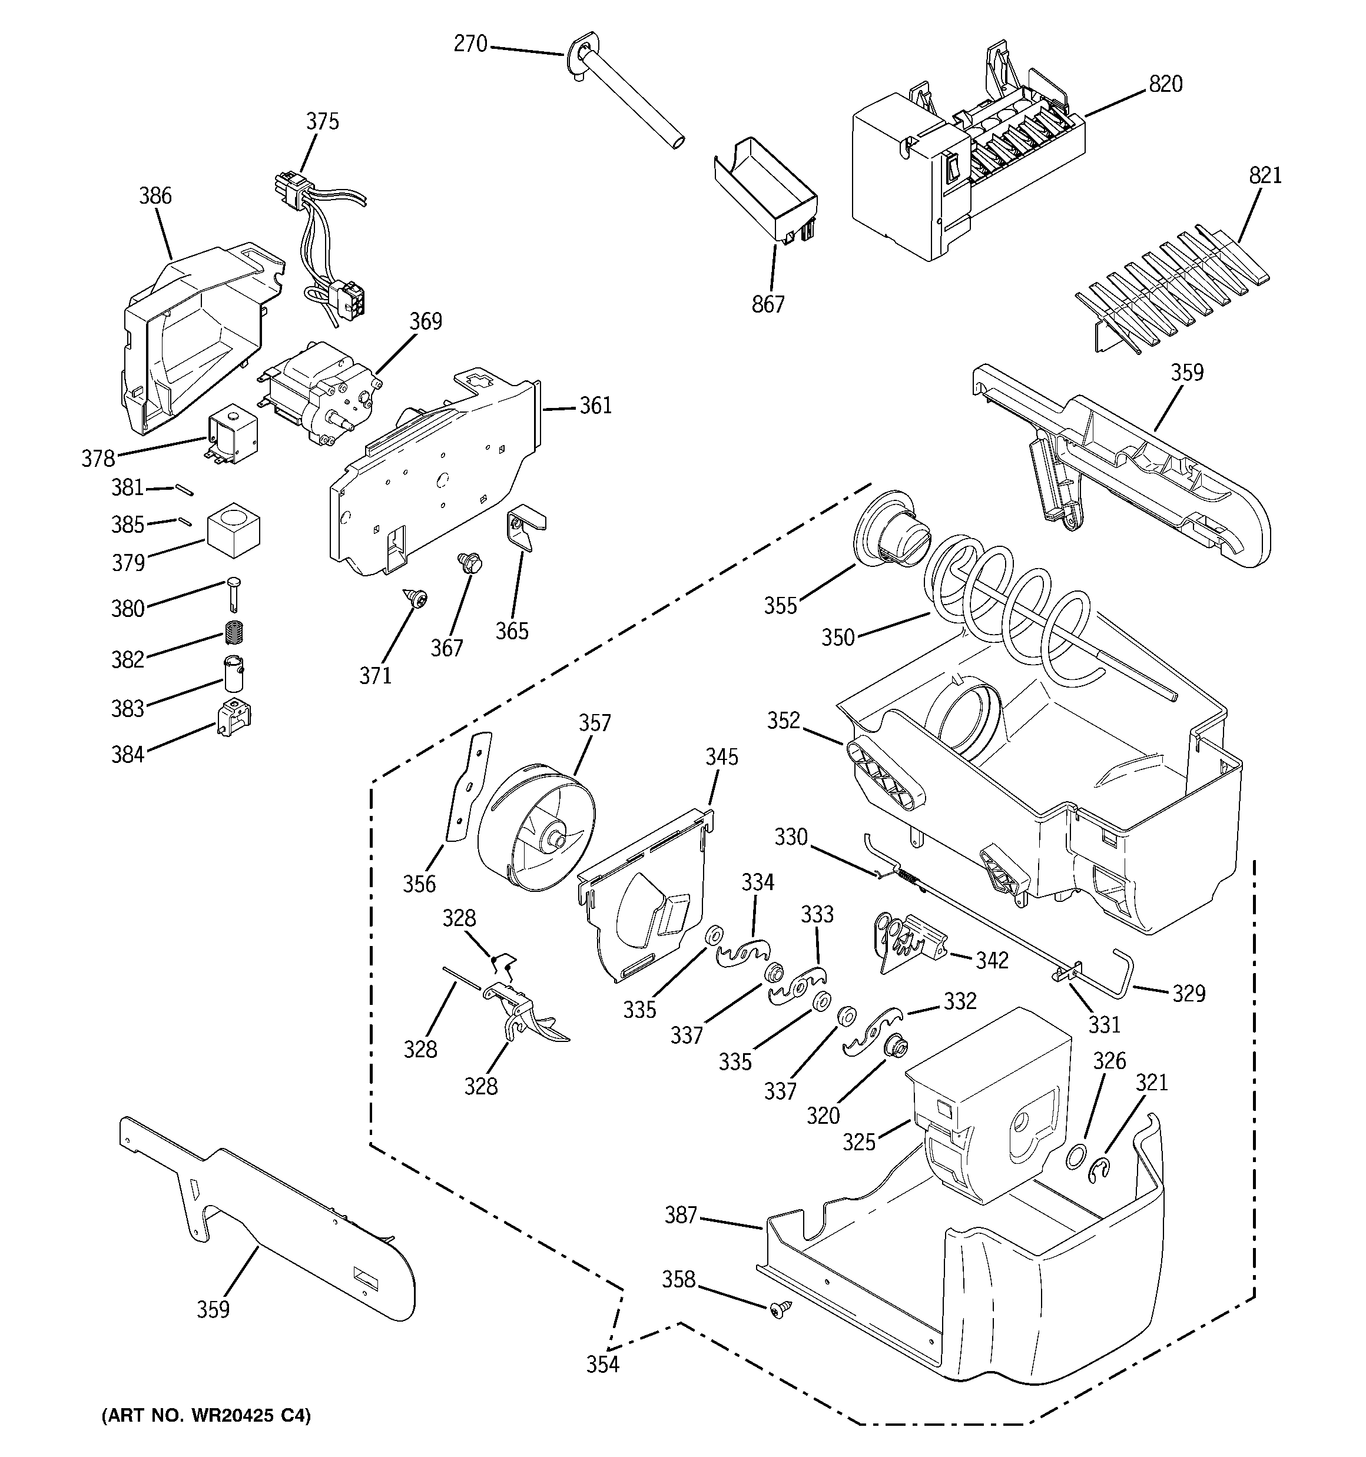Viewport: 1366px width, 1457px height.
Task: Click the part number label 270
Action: (470, 45)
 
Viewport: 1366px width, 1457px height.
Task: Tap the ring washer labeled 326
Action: (1074, 1157)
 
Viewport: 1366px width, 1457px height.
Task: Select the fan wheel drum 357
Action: (537, 828)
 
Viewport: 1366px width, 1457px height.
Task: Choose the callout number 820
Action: (1165, 85)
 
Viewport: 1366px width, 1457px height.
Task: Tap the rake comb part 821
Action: (1173, 293)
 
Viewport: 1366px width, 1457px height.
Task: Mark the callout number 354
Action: (602, 1364)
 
